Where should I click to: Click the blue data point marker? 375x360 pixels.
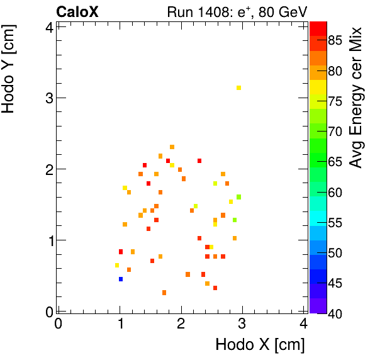click(121, 279)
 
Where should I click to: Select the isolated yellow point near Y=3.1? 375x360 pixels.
click(238, 88)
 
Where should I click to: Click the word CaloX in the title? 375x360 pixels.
click(77, 11)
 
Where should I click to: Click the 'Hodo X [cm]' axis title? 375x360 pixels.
click(260, 345)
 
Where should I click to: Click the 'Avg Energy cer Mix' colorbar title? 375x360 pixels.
click(357, 98)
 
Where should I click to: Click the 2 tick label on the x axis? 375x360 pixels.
click(181, 323)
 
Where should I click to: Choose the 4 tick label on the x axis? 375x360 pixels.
click(303, 323)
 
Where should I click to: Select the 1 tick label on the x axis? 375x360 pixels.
click(120, 323)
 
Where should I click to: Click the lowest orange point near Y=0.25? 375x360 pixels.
click(164, 293)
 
